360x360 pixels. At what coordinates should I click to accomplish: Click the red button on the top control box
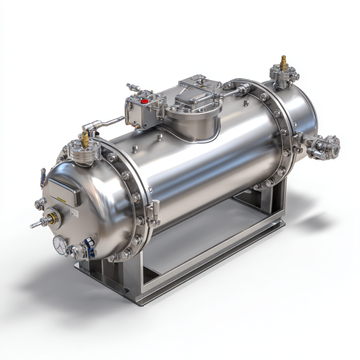pyautogui.click(x=144, y=101)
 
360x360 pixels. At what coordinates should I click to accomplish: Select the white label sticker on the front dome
pyautogui.click(x=74, y=213)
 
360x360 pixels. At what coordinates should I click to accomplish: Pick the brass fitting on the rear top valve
pyautogui.click(x=283, y=63)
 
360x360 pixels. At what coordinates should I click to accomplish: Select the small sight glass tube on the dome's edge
pyautogui.click(x=43, y=177)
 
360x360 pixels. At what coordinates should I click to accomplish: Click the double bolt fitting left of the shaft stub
pyautogui.click(x=40, y=204)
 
